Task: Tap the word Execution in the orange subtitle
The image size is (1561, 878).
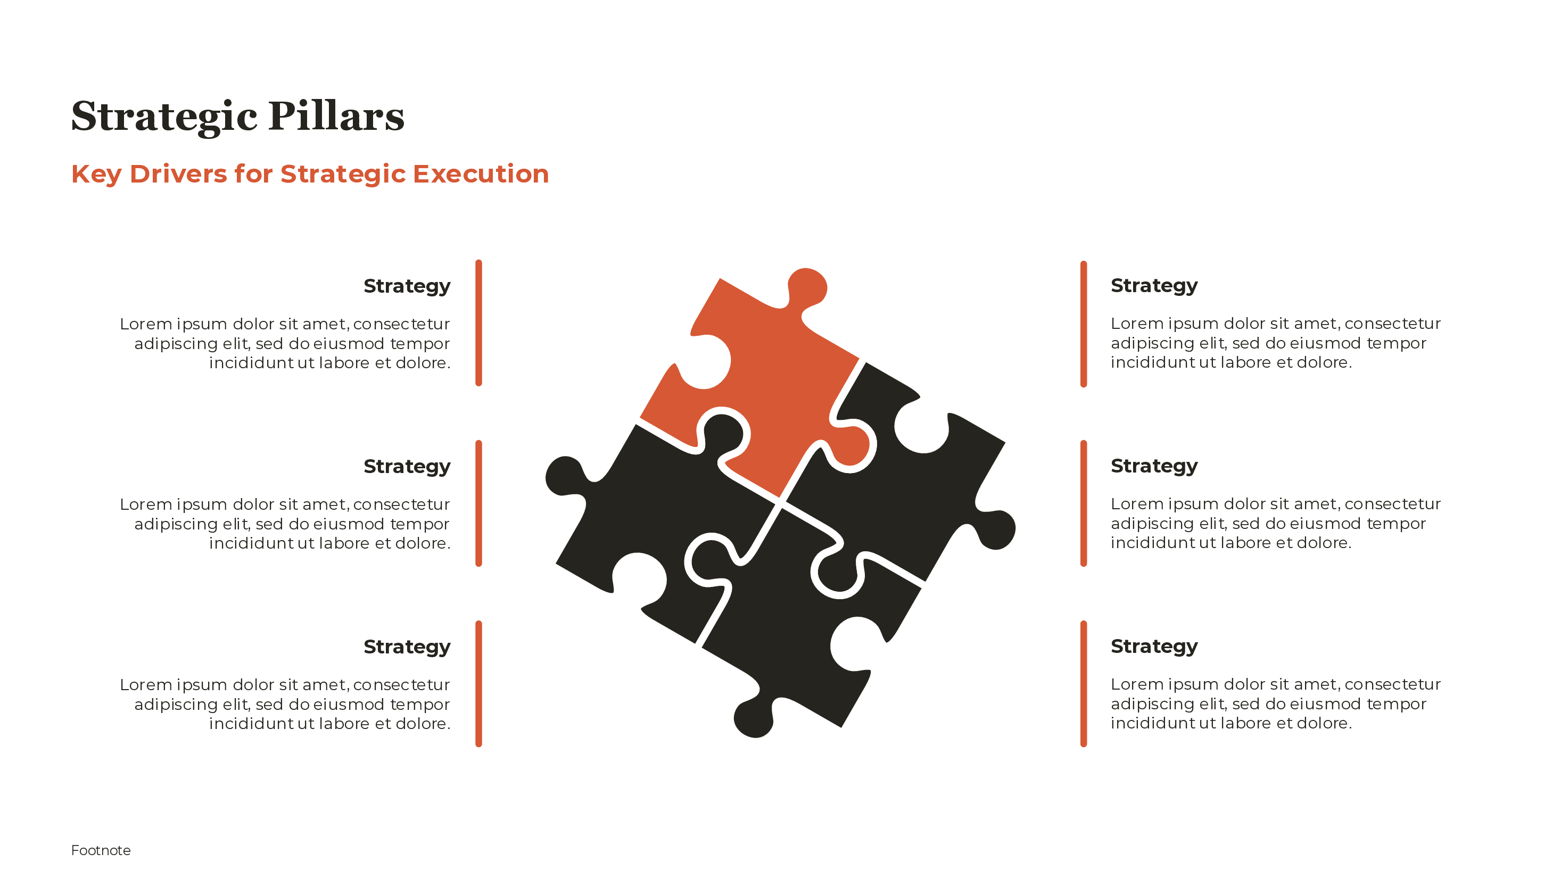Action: coord(481,174)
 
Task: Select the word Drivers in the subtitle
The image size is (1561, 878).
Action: coord(178,174)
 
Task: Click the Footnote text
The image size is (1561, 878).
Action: coord(101,850)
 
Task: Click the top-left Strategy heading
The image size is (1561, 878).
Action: coord(407,285)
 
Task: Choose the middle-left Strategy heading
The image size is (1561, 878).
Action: coord(407,466)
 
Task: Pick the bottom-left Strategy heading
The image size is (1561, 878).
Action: coord(407,647)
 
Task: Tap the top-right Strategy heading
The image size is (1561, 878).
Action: coord(1154,285)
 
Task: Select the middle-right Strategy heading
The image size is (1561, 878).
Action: coord(1154,466)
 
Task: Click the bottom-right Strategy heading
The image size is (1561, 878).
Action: coord(1154,646)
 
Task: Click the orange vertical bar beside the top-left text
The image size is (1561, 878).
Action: coord(478,323)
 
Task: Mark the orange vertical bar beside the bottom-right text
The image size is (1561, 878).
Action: coord(1084,683)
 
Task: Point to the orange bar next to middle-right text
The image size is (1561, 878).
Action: coord(1084,503)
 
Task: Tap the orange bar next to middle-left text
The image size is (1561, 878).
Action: coord(478,503)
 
